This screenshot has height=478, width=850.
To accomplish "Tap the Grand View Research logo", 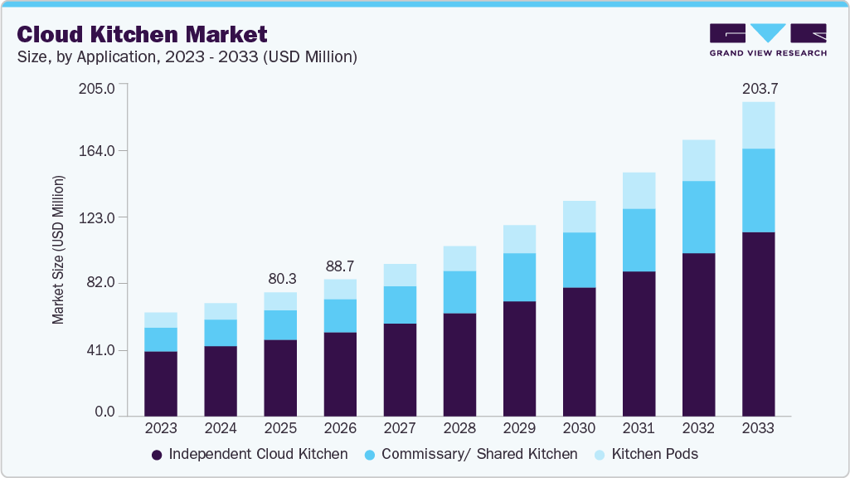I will [768, 39].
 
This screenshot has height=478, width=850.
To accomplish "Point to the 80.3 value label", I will [280, 279].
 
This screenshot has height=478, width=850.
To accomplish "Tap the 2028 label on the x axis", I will [459, 429].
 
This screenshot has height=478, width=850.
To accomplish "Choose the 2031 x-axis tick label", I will [639, 429].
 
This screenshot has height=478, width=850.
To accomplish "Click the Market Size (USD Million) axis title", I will [58, 250].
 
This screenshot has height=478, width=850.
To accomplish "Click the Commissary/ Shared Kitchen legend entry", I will [471, 455].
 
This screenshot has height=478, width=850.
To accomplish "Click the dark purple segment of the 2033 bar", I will [758, 324].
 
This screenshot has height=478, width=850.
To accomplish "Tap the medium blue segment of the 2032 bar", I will [698, 217].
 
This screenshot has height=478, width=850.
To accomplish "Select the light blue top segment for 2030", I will [579, 217].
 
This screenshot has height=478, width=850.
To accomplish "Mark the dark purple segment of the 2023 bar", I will [161, 383].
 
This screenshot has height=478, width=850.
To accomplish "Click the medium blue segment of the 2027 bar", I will [400, 305].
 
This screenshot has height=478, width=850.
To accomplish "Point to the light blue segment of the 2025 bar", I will [280, 301].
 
